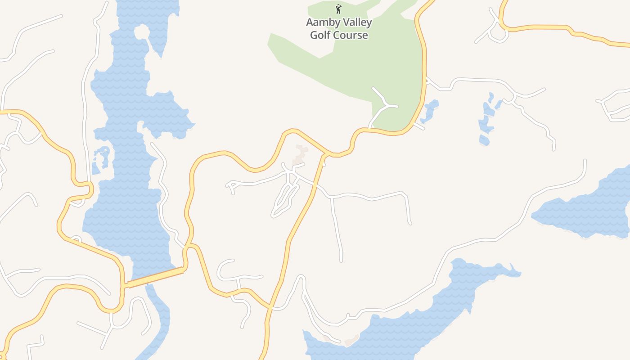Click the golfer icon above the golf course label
click(338, 9)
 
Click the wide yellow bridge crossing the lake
click(155, 277)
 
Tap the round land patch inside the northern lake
click(141, 32)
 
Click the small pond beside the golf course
click(430, 111)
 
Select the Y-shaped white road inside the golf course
click(383, 106)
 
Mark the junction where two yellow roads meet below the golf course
click(325, 155)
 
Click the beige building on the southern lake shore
click(351, 341)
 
